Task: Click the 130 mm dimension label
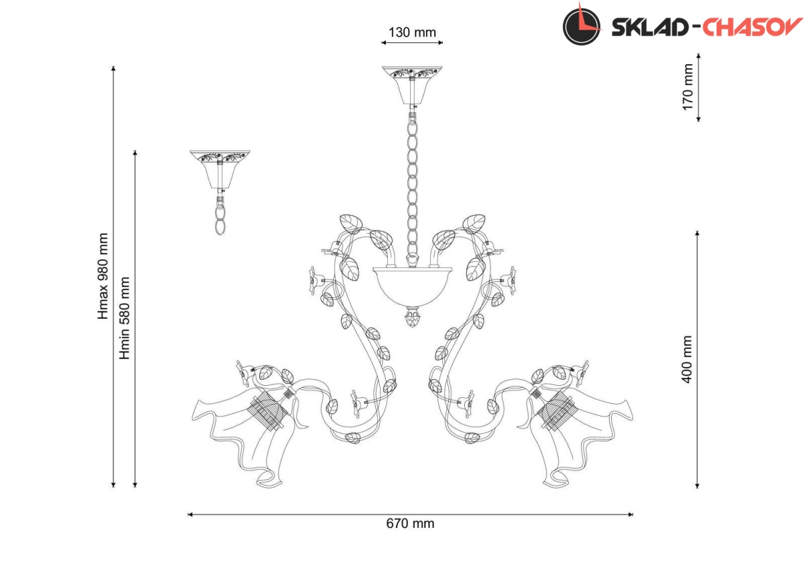(412, 32)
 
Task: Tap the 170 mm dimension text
(687, 87)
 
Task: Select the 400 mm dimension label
(687, 359)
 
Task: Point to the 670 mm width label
(410, 524)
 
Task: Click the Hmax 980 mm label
(103, 276)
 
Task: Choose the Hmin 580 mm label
(124, 318)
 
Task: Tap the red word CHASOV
(752, 27)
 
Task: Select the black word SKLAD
(650, 27)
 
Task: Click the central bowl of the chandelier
(412, 286)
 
